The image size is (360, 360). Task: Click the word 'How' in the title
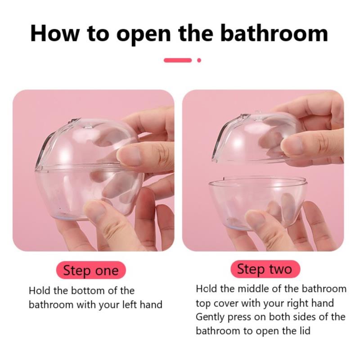(54, 33)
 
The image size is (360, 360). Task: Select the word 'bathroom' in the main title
(274, 33)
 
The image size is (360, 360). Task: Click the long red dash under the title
(178, 60)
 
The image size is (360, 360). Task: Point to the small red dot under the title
(199, 60)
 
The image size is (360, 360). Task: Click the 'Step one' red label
(91, 270)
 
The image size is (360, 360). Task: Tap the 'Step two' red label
(265, 269)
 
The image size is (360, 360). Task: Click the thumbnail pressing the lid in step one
(129, 156)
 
